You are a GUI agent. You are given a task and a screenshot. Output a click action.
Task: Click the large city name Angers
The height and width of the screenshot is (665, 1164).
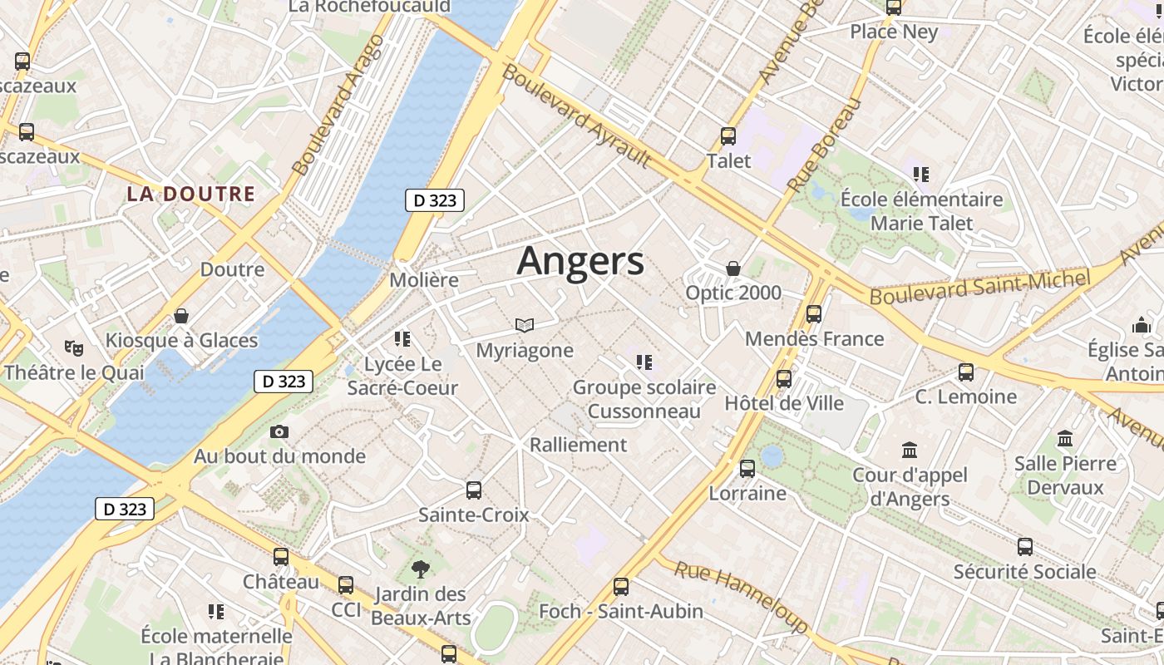click(x=580, y=262)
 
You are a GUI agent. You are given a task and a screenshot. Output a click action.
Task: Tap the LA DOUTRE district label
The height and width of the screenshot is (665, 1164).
click(x=190, y=195)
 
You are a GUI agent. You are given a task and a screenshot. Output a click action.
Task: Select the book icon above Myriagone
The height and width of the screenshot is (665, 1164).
click(x=524, y=325)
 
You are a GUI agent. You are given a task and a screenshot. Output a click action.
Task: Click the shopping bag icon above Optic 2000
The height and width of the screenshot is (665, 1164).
click(x=733, y=268)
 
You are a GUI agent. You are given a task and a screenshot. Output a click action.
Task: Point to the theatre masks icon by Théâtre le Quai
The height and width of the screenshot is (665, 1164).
click(x=74, y=348)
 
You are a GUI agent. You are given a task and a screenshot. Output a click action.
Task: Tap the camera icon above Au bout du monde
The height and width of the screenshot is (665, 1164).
click(x=279, y=431)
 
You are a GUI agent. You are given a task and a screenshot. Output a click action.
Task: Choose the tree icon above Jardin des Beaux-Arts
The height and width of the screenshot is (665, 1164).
click(x=421, y=569)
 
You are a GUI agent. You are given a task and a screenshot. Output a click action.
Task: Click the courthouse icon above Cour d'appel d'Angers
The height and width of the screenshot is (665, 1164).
click(x=910, y=451)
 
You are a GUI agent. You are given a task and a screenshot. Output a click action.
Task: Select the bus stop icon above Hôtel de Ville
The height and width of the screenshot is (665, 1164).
click(x=783, y=379)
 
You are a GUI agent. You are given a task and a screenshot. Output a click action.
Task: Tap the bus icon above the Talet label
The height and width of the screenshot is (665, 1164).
click(x=728, y=136)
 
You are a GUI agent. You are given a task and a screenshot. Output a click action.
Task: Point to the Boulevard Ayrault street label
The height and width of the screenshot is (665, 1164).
click(x=576, y=116)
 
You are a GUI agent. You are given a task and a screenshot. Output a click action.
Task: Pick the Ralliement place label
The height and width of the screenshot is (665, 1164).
click(x=578, y=445)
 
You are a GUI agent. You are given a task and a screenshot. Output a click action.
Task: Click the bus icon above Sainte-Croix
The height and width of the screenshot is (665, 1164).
click(x=474, y=490)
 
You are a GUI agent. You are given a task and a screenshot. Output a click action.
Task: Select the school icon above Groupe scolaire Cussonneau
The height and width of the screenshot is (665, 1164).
click(x=644, y=362)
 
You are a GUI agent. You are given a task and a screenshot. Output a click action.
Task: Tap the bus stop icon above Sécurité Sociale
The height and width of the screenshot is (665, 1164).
click(x=1024, y=547)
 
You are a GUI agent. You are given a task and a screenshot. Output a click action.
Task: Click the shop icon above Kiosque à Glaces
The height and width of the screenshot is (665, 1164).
click(x=181, y=316)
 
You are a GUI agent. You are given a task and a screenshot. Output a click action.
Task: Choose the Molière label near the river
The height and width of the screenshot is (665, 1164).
click(x=424, y=280)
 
